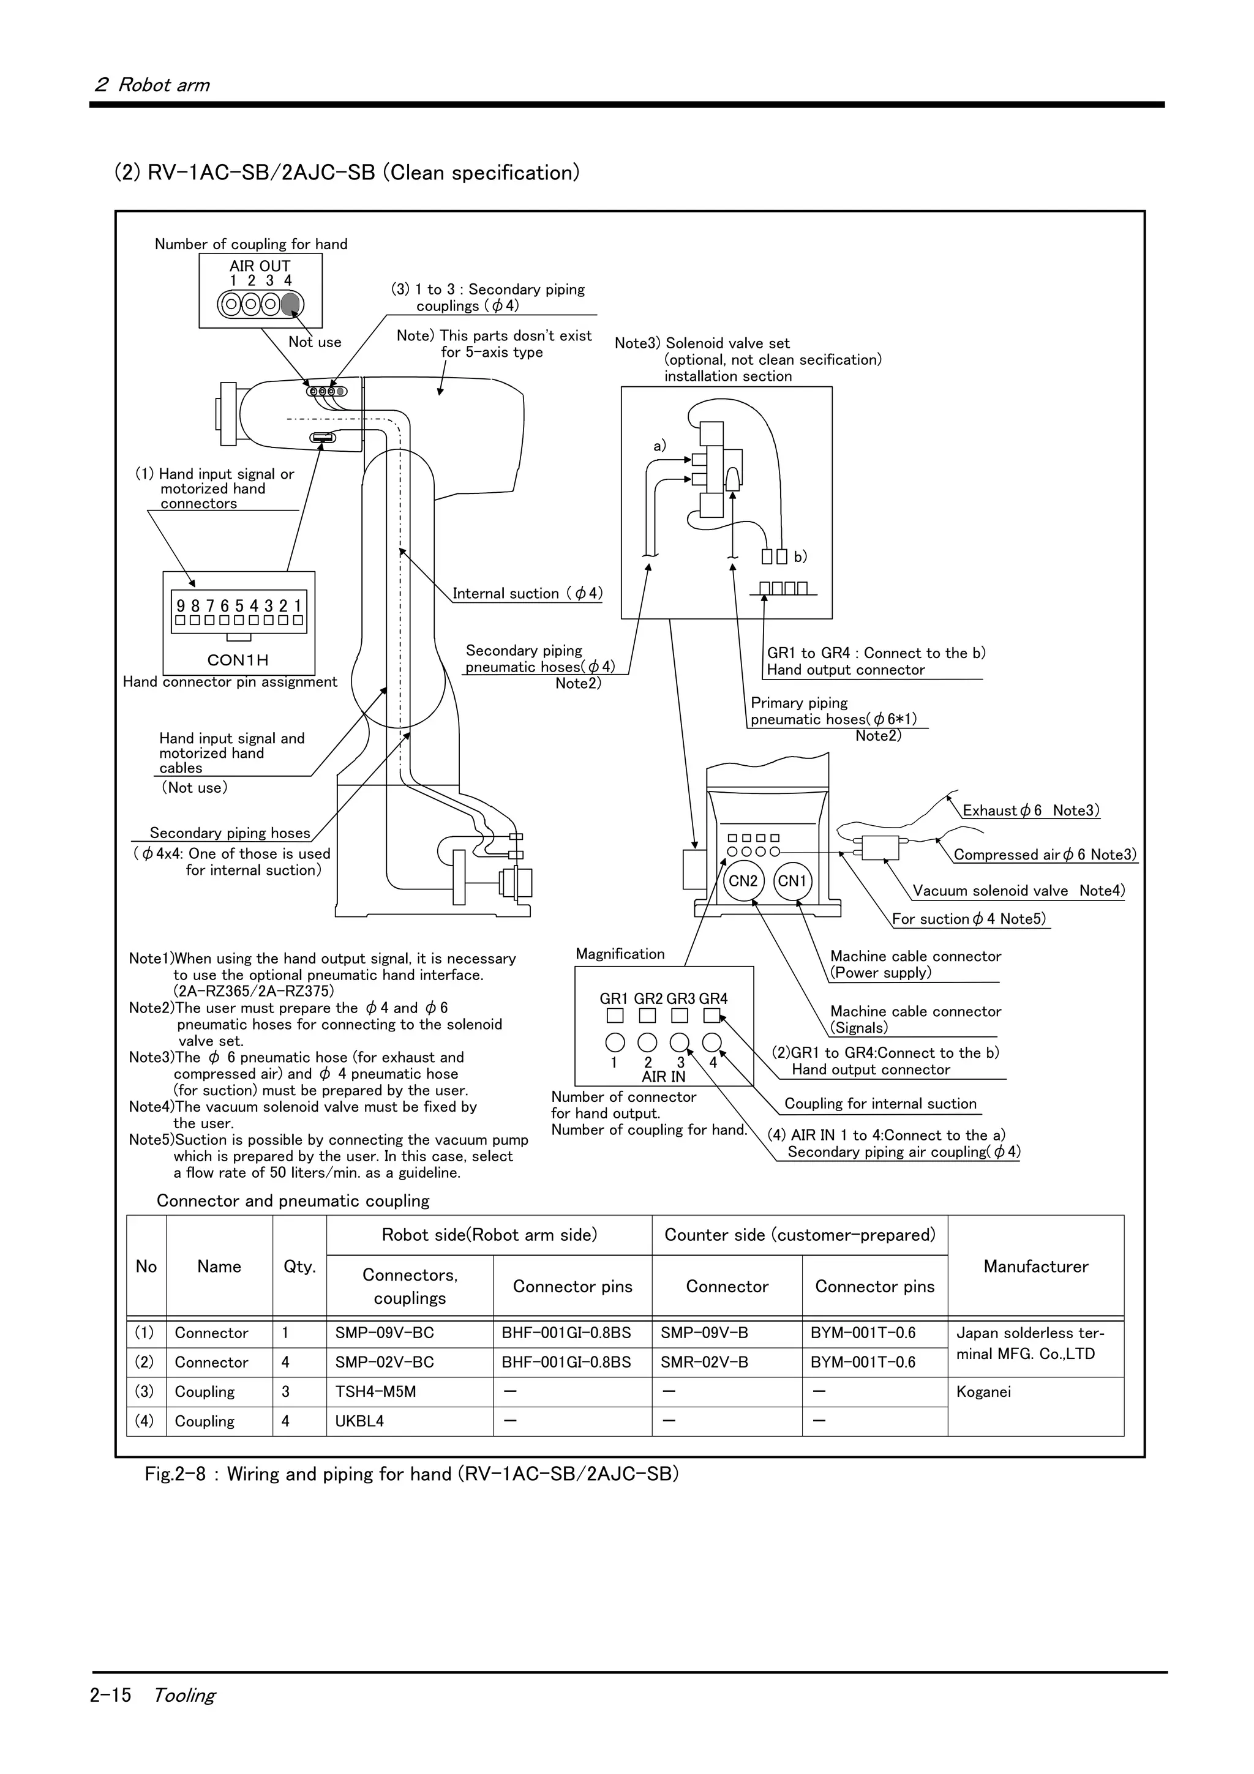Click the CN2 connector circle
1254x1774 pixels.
coord(743,881)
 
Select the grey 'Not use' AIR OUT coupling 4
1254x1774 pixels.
coord(290,304)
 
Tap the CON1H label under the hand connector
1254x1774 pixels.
coord(238,660)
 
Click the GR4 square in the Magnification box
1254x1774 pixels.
coord(711,1016)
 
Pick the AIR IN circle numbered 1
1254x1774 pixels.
coord(615,1043)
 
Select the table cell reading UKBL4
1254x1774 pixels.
coord(359,1421)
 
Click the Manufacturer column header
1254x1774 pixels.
coord(1035,1267)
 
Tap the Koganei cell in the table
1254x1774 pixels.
coord(983,1391)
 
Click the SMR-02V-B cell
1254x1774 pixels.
coord(704,1362)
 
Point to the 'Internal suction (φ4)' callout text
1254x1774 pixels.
coord(527,593)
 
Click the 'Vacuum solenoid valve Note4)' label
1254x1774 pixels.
coord(1018,890)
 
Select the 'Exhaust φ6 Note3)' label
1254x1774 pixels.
coord(1030,810)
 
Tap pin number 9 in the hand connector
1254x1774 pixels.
coord(181,607)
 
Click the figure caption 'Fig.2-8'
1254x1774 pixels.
coord(175,1473)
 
